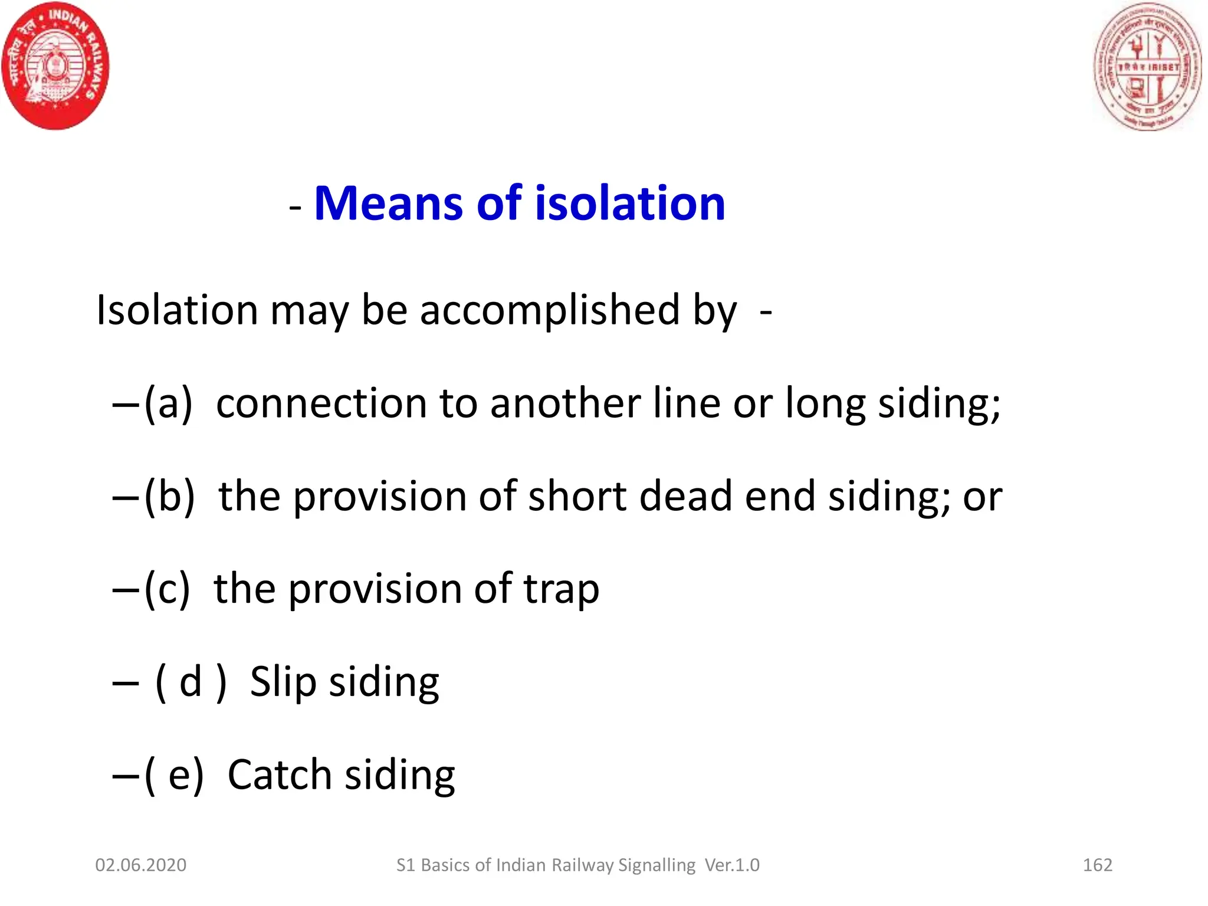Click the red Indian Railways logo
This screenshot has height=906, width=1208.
(x=55, y=65)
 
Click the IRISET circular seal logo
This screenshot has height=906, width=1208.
(x=1147, y=67)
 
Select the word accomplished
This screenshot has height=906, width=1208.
(x=549, y=310)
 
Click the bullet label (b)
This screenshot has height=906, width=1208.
(x=169, y=496)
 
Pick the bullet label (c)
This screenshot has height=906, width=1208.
(x=168, y=589)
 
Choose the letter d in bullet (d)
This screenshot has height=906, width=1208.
(x=191, y=682)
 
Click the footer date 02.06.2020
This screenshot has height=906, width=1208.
(x=141, y=865)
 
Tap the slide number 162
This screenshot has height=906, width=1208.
(x=1097, y=865)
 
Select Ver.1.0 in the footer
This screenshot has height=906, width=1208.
(x=732, y=865)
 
